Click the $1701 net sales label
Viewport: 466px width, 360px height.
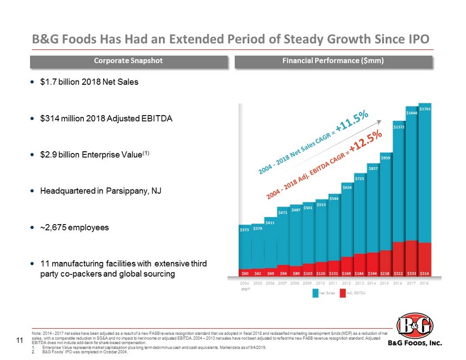click(x=425, y=109)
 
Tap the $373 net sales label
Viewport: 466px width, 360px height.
click(x=245, y=230)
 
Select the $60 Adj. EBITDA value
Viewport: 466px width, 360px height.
click(x=245, y=272)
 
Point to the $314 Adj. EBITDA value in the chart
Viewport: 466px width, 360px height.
click(x=425, y=272)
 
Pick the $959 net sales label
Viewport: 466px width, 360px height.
click(x=386, y=158)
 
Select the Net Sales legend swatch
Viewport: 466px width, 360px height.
click(x=315, y=294)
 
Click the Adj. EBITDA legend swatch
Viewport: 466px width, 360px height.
click(x=343, y=294)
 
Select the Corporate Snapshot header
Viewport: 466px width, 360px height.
click(x=129, y=61)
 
